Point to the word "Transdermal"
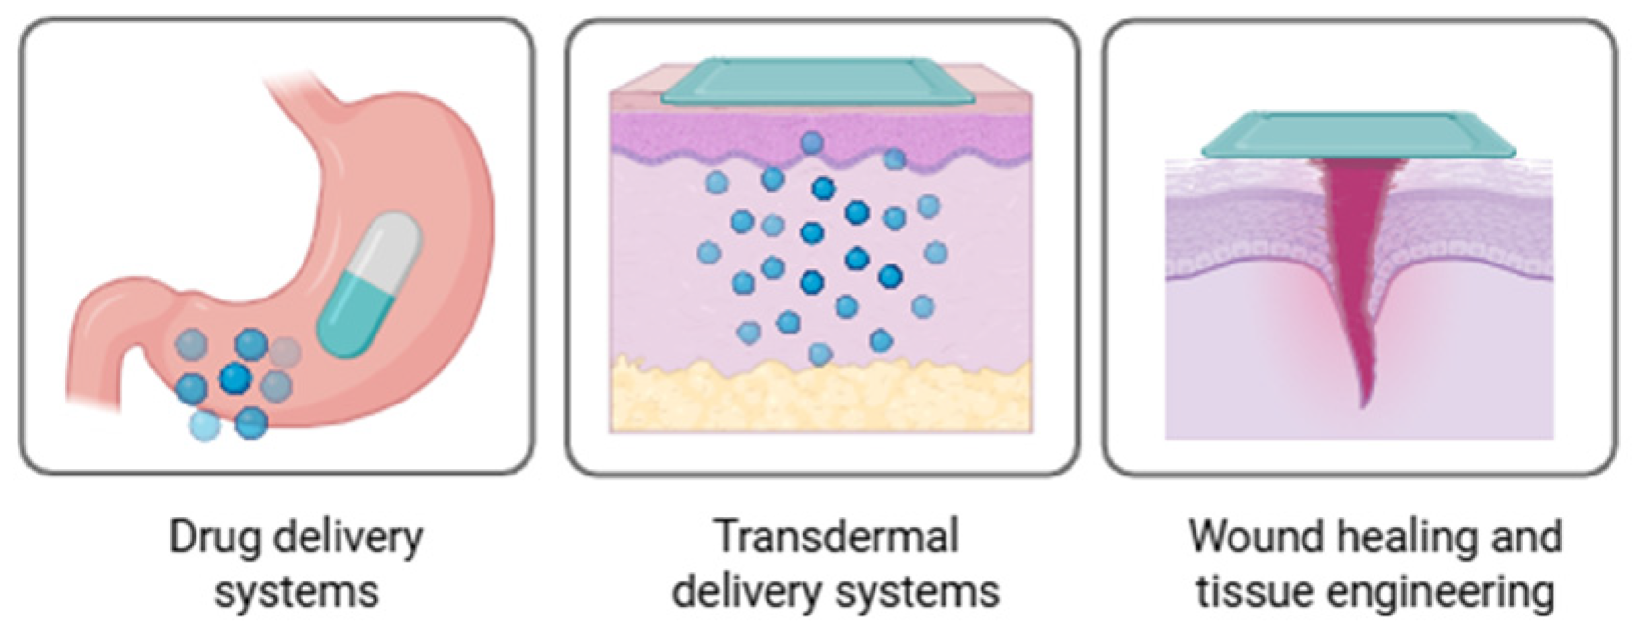(837, 537)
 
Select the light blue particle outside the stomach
(205, 425)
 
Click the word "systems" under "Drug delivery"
(297, 591)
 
